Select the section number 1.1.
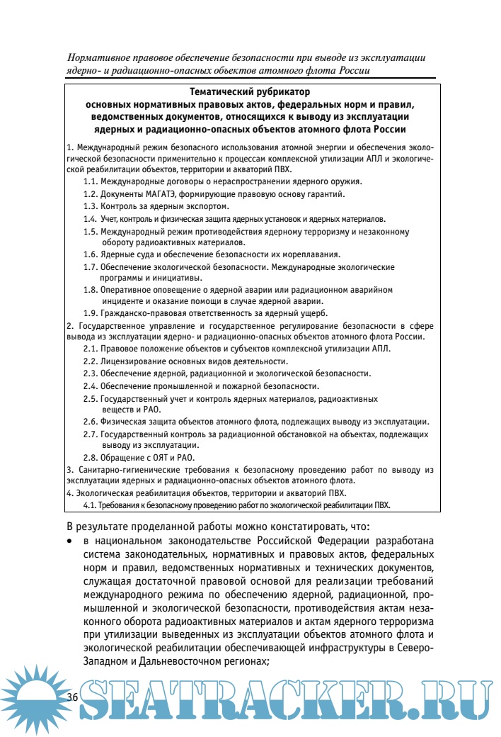click(x=90, y=181)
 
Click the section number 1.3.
click(x=90, y=206)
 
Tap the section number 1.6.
click(x=90, y=254)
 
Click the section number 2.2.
click(x=90, y=361)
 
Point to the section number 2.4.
click(x=90, y=386)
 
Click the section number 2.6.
click(x=90, y=422)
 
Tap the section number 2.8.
click(x=90, y=457)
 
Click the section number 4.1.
click(x=90, y=505)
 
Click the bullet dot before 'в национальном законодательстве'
click(x=69, y=541)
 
